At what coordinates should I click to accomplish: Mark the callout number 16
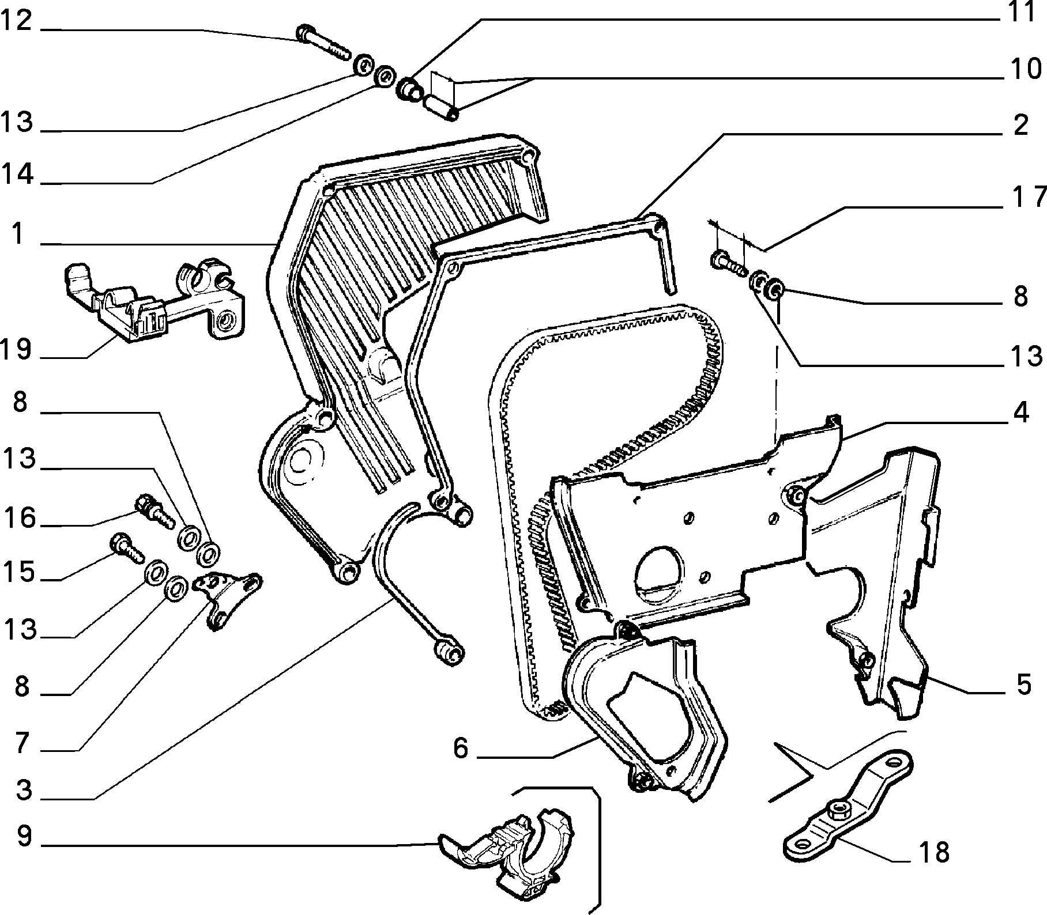pyautogui.click(x=18, y=517)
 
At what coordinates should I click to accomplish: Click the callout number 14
pyautogui.click(x=17, y=174)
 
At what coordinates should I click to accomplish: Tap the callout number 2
pyautogui.click(x=1020, y=125)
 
